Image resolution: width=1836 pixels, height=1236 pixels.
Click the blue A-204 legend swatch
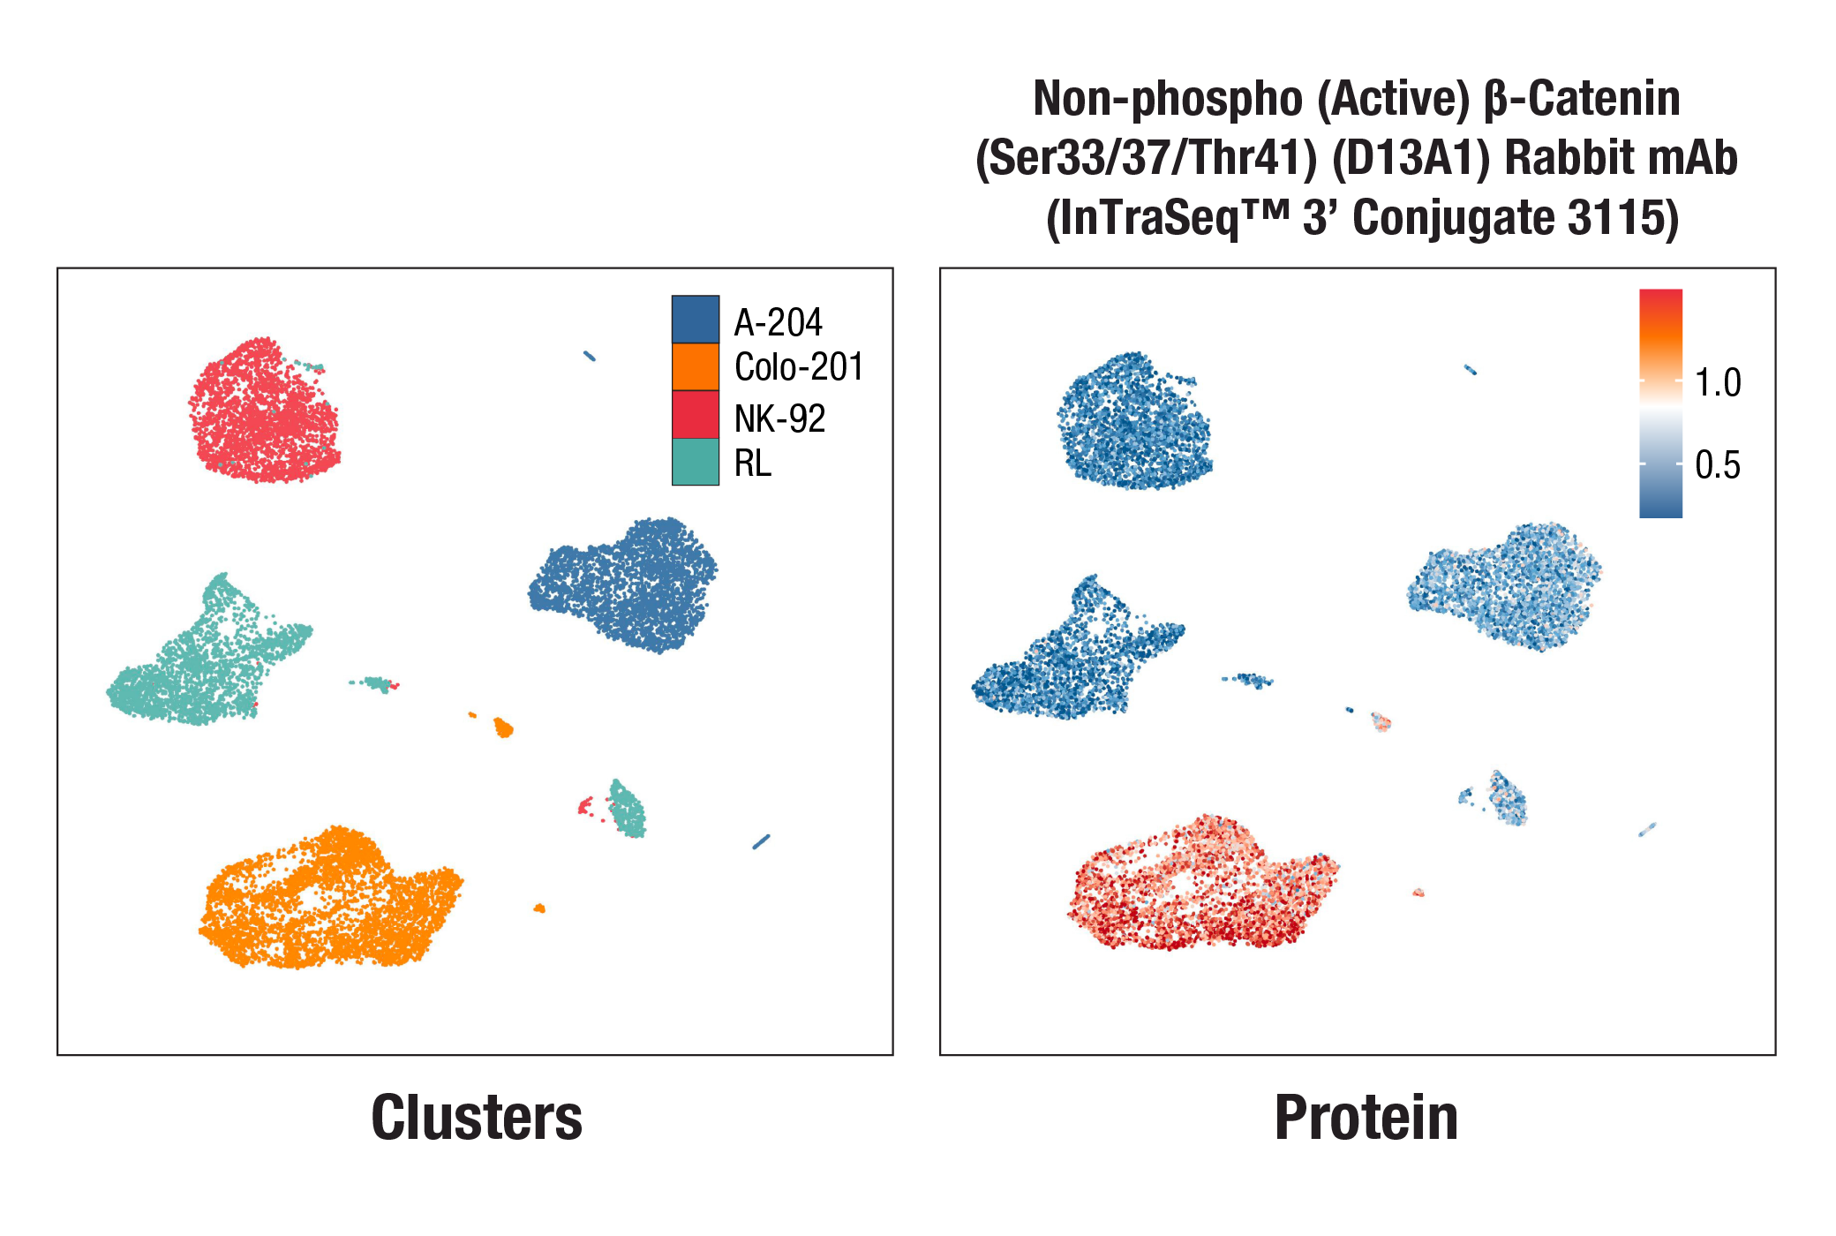[695, 320]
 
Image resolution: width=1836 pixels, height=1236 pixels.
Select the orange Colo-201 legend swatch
[695, 367]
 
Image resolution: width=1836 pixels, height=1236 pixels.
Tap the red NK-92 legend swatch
[695, 415]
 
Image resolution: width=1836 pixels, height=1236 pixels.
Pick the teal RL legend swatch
[695, 462]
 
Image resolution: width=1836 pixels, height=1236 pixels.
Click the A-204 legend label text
[778, 323]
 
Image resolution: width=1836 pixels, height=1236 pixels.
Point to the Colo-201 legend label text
[798, 367]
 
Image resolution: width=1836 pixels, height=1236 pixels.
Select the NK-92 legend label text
[779, 418]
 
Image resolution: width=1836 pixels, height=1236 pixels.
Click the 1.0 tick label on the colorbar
[1717, 383]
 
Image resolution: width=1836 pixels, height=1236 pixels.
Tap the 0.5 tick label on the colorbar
[1717, 465]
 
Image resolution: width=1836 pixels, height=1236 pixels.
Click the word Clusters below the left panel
[477, 1118]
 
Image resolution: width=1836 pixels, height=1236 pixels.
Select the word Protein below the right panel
[1366, 1118]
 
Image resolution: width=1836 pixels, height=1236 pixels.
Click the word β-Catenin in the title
[1582, 99]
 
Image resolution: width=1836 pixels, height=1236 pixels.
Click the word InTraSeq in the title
[1148, 219]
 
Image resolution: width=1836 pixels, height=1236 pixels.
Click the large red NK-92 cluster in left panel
[263, 411]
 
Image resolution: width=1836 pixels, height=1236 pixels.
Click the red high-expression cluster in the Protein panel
[1200, 887]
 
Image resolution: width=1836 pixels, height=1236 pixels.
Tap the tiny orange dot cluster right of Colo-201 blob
[539, 908]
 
